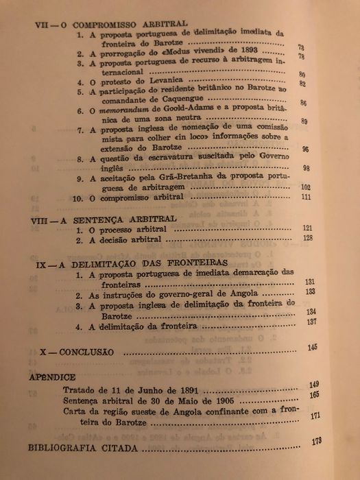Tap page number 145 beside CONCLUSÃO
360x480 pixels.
coord(313,348)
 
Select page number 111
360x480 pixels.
coord(306,199)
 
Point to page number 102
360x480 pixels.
coord(306,187)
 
